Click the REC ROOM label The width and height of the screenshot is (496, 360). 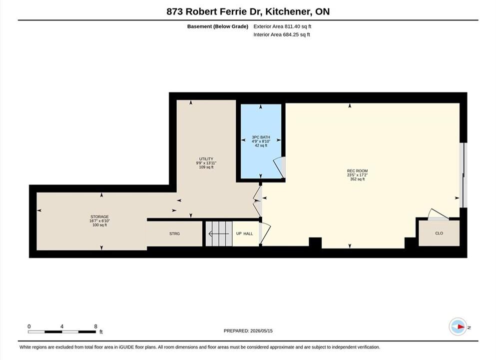click(x=357, y=171)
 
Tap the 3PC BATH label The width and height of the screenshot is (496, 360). click(x=261, y=137)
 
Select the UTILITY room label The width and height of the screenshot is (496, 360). click(x=206, y=159)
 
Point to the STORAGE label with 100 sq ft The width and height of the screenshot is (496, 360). click(x=99, y=217)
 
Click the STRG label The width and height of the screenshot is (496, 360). click(x=174, y=233)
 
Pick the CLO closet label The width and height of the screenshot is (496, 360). click(x=439, y=233)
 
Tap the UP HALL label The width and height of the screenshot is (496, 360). click(x=245, y=233)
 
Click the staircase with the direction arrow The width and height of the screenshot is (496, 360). click(x=219, y=233)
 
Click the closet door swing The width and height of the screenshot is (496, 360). click(x=438, y=214)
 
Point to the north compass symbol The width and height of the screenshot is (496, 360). click(x=458, y=326)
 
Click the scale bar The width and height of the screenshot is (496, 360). click(x=61, y=332)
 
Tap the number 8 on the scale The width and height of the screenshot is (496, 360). click(x=95, y=326)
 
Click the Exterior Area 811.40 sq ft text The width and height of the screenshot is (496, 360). click(x=282, y=26)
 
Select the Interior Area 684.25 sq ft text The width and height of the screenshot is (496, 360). click(x=282, y=34)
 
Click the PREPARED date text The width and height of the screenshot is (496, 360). click(x=248, y=331)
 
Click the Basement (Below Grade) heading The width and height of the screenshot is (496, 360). click(x=218, y=26)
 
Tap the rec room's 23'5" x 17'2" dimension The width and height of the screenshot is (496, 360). click(x=357, y=175)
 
